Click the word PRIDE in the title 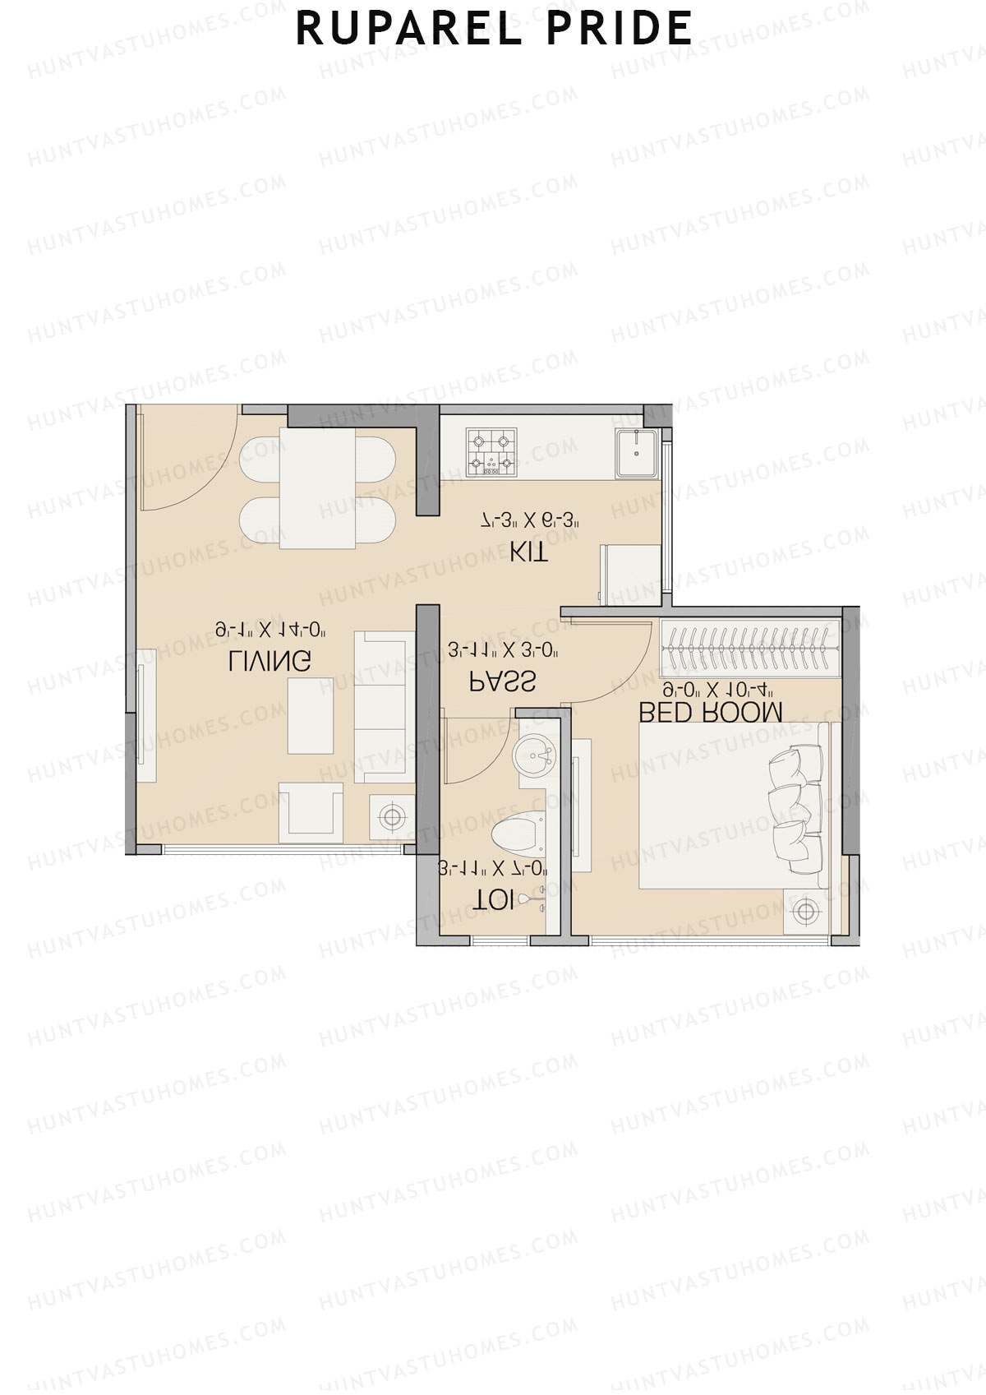tap(619, 29)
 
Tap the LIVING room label tap(270, 660)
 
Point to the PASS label tap(502, 681)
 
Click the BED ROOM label tap(711, 712)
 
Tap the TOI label tap(493, 901)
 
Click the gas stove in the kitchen tap(491, 452)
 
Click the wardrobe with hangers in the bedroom tap(748, 649)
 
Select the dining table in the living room tap(317, 487)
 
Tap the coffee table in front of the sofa tap(311, 715)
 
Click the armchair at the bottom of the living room tap(311, 812)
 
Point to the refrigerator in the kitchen tap(631, 575)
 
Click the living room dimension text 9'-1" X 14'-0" tap(271, 631)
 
